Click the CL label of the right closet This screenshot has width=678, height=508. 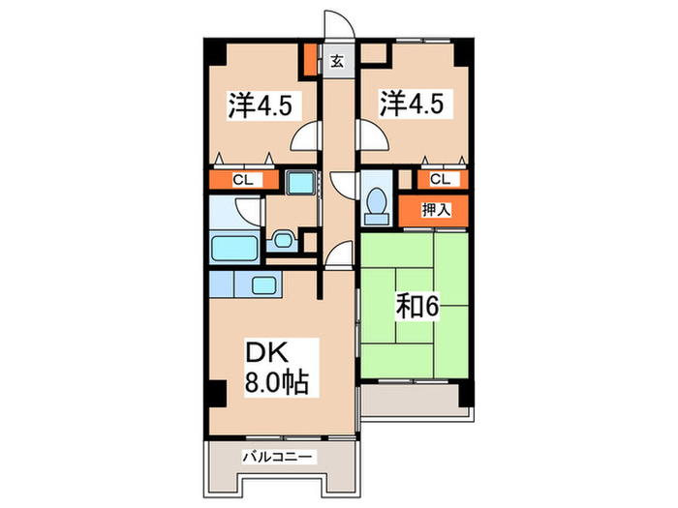pyautogui.click(x=440, y=178)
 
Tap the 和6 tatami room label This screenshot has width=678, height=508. pyautogui.click(x=416, y=308)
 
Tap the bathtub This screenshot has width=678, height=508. pyautogui.click(x=234, y=248)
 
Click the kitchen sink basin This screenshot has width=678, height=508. pyautogui.click(x=262, y=284)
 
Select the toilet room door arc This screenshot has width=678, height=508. pyautogui.click(x=345, y=185)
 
